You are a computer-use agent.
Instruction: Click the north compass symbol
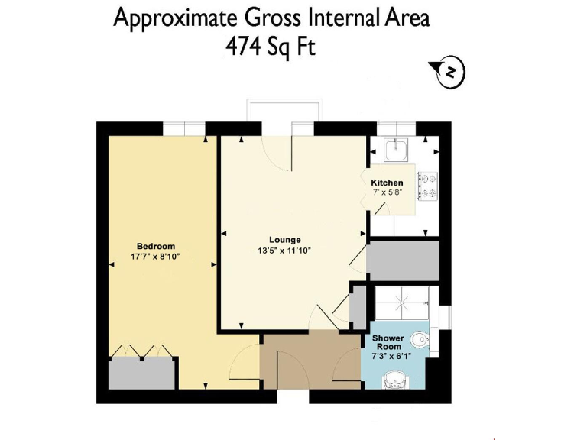[452, 73]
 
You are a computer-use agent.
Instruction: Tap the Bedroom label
[156, 246]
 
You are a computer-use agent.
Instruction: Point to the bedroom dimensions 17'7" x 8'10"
[156, 257]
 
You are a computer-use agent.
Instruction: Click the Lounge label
[284, 240]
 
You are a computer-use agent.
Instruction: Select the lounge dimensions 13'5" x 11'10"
[284, 251]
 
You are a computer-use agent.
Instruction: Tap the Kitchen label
[387, 183]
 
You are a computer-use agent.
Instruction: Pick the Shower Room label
[388, 342]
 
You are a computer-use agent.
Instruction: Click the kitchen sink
[397, 150]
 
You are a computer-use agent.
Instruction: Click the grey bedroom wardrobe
[142, 374]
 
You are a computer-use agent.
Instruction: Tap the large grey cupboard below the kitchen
[403, 260]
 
